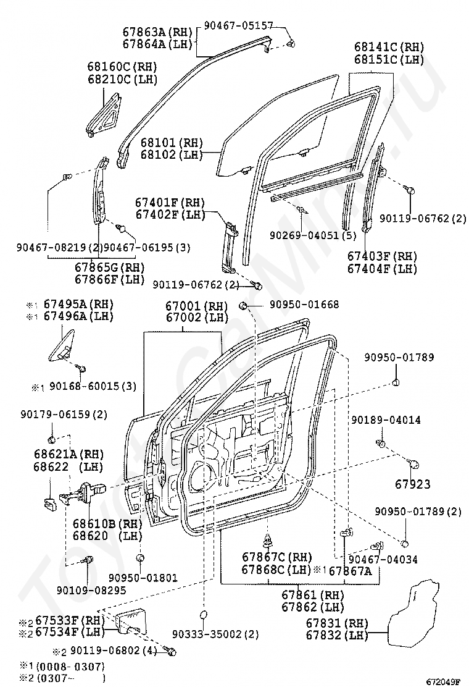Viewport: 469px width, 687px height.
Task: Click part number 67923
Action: (413, 484)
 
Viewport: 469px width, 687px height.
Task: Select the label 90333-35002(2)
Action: (215, 634)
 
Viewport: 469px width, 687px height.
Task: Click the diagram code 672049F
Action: (441, 681)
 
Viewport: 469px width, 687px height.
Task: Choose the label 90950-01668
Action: (304, 305)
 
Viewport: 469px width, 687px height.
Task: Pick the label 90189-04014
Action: (386, 420)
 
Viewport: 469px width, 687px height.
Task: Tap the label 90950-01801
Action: (143, 578)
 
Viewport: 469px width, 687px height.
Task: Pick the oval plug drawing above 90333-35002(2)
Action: (202, 614)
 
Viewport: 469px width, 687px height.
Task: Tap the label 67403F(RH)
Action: (382, 256)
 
